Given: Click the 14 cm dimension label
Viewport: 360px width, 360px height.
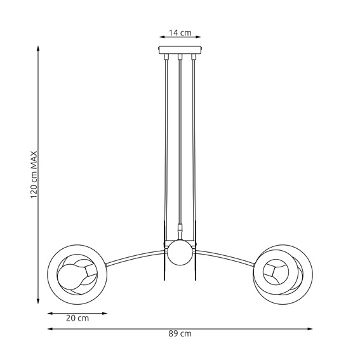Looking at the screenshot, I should coord(180,32).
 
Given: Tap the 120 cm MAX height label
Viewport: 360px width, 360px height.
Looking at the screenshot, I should coord(35,175).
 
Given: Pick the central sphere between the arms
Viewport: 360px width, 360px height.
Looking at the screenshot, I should coord(180,253).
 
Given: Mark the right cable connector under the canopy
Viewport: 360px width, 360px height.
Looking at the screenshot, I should coord(194,58).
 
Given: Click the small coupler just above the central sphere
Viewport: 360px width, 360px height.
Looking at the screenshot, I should coord(180,227).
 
